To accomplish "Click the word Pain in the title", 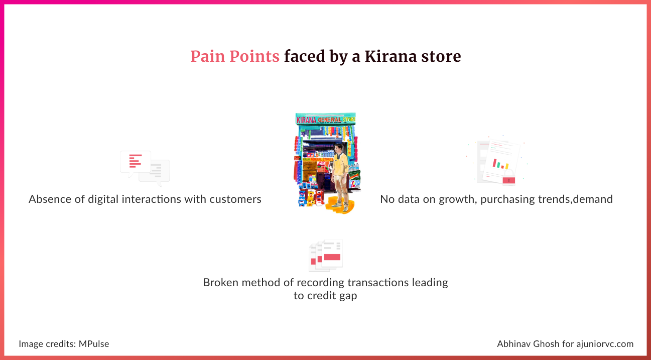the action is tap(207, 56).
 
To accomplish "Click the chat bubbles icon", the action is tap(145, 168).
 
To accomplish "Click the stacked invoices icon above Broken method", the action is tap(326, 255).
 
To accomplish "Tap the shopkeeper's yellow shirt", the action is tap(341, 164).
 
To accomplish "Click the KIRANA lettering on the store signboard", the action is tap(306, 120).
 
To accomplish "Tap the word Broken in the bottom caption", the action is tap(221, 282).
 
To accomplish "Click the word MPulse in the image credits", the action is tap(94, 344).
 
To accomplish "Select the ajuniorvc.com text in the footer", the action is tap(605, 344).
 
